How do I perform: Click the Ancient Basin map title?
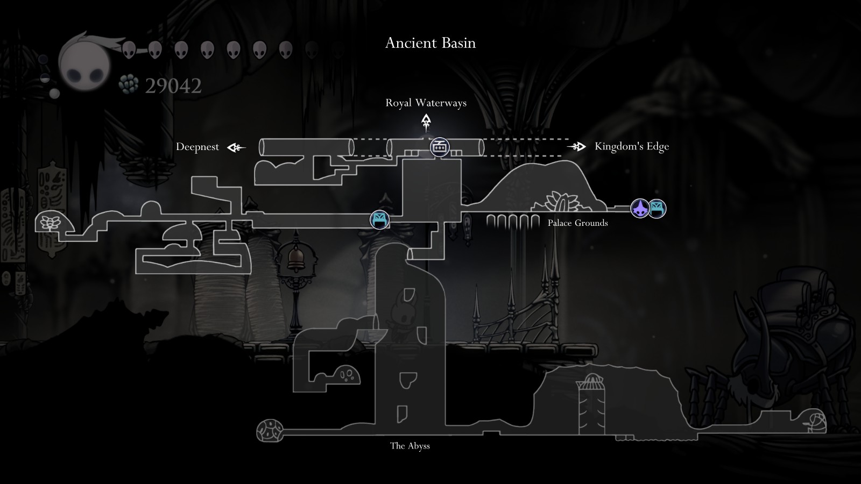[x=430, y=42]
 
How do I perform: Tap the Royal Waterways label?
[x=426, y=103]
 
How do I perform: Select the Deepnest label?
[x=197, y=147]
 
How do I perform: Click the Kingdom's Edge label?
[x=632, y=146]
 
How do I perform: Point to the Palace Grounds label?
[x=578, y=223]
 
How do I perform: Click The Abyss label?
[x=410, y=446]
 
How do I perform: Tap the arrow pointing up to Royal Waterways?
[x=426, y=123]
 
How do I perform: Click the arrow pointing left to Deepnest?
[x=236, y=147]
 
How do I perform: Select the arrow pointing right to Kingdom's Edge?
[x=576, y=146]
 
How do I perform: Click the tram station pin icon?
[x=439, y=147]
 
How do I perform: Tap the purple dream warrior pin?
[x=640, y=209]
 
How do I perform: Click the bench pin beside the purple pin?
[x=657, y=209]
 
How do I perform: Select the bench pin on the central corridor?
[x=379, y=220]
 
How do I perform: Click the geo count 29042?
[x=173, y=86]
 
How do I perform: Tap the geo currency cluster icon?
[x=129, y=84]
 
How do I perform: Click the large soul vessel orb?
[x=84, y=63]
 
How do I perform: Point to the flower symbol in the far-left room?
[x=51, y=223]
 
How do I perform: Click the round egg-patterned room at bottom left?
[x=270, y=431]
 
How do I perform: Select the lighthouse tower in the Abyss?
[x=590, y=404]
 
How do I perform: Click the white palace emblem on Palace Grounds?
[x=562, y=201]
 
